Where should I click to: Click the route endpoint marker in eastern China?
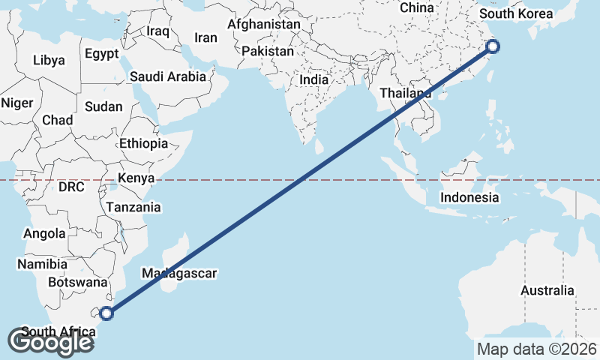(x=493, y=47)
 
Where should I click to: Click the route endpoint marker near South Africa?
(x=106, y=313)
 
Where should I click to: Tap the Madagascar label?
(x=178, y=273)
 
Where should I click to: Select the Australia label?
(x=547, y=290)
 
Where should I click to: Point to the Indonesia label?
(x=469, y=197)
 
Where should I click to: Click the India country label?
(x=313, y=79)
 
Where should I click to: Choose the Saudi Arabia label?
(x=167, y=76)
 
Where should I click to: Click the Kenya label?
(x=136, y=178)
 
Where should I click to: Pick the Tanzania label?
(x=133, y=207)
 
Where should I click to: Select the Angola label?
(x=44, y=233)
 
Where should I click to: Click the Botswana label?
(x=77, y=283)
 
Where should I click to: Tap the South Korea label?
(x=515, y=14)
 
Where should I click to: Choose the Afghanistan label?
(x=263, y=24)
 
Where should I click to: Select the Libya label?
(x=49, y=59)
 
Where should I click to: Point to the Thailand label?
(x=406, y=94)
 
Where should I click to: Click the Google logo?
(x=50, y=342)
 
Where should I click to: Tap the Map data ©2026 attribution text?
(x=536, y=349)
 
